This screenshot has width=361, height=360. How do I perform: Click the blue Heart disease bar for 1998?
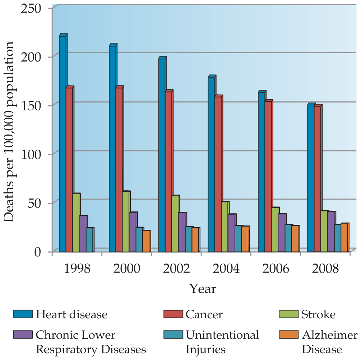pyautogui.click(x=63, y=144)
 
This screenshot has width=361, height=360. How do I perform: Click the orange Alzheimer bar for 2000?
pyautogui.click(x=146, y=241)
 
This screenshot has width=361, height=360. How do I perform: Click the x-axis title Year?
pyautogui.click(x=203, y=288)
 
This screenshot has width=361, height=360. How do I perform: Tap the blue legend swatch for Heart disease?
pyautogui.click(x=23, y=314)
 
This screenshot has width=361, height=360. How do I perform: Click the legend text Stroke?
pyautogui.click(x=319, y=314)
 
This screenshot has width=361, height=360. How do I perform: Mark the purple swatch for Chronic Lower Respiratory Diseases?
pyautogui.click(x=23, y=334)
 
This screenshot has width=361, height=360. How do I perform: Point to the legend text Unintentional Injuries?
pyautogui.click(x=222, y=342)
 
